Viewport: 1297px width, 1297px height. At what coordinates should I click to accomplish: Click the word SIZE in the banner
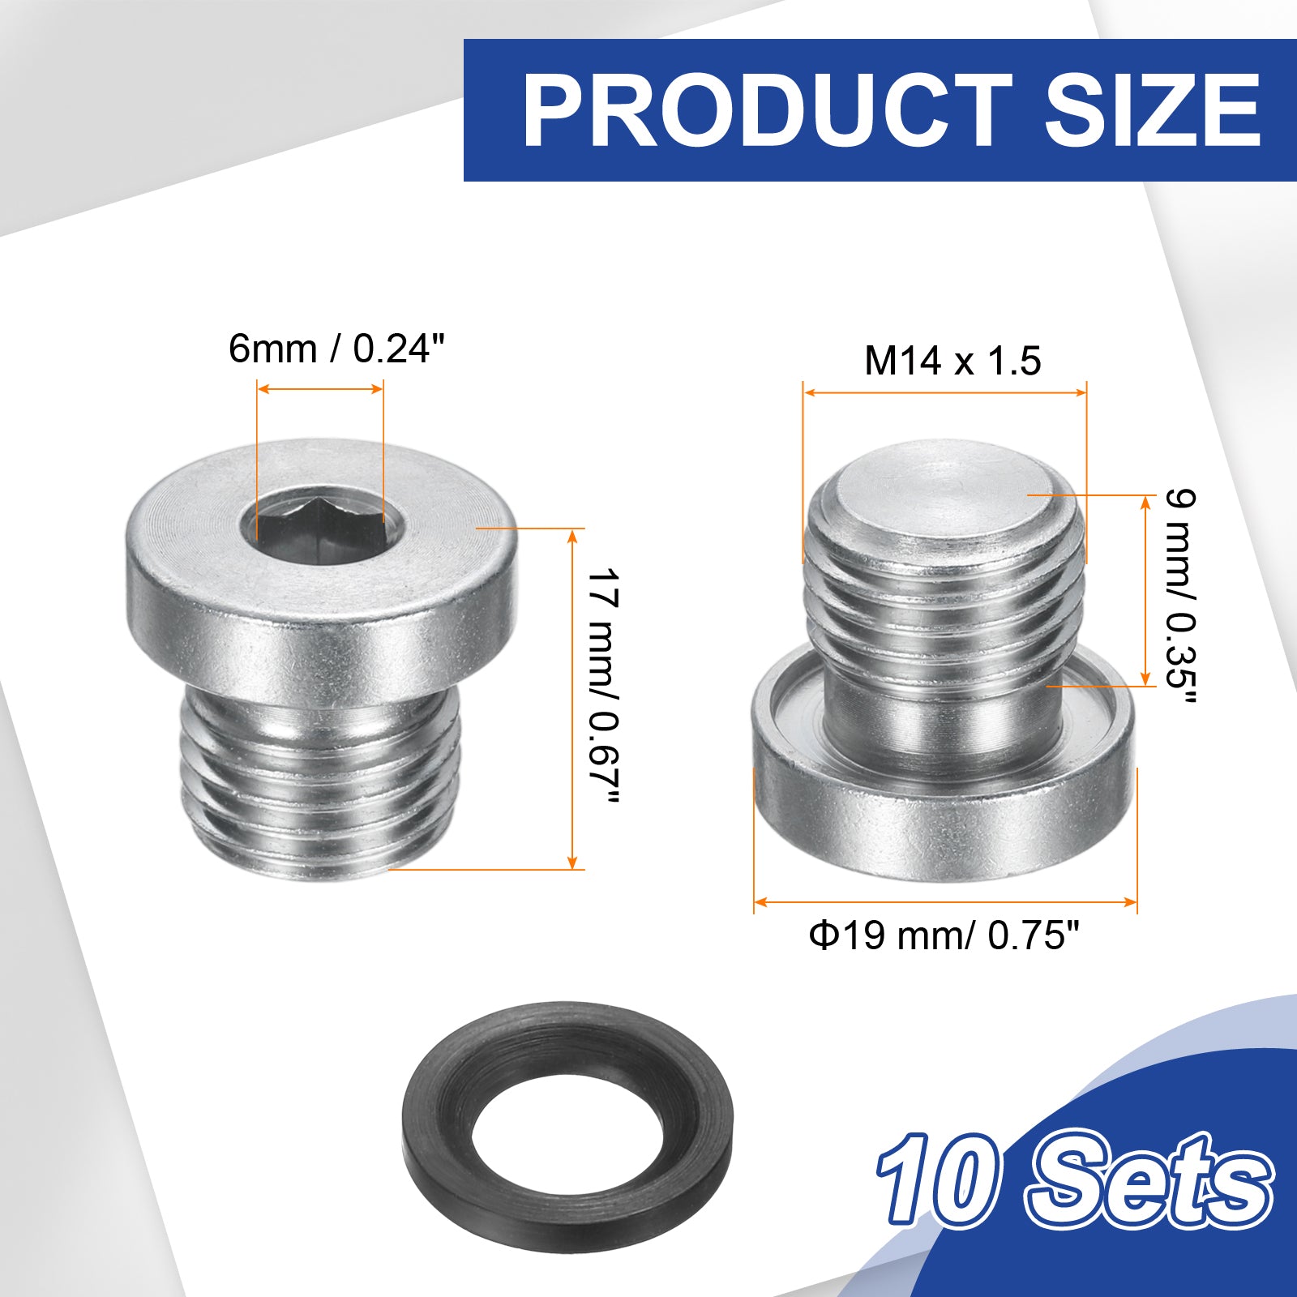click(x=1153, y=109)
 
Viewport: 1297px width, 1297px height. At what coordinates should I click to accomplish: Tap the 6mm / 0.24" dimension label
click(x=337, y=349)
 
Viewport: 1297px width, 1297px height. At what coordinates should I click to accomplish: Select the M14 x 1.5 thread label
click(x=952, y=361)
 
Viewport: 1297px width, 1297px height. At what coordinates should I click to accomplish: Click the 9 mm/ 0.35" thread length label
click(x=1180, y=597)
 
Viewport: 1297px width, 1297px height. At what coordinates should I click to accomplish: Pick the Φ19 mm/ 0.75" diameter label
click(x=944, y=936)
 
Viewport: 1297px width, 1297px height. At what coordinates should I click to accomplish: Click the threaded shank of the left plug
click(x=319, y=778)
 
